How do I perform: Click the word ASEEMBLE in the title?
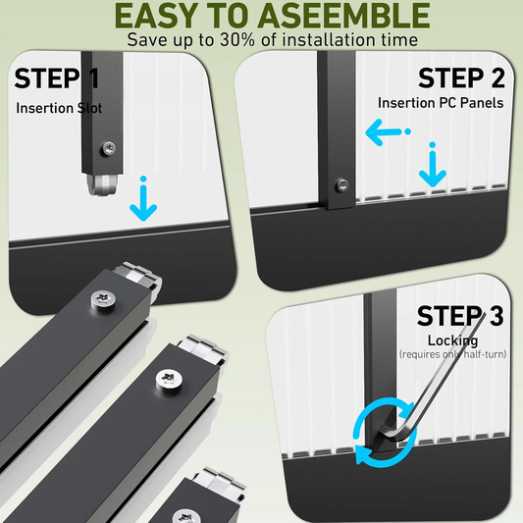343,15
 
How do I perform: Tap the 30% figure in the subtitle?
237,39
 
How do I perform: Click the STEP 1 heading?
57,78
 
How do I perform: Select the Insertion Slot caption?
59,108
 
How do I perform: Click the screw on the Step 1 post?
109,148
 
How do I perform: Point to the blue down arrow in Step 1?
143,198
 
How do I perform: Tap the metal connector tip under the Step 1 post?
103,184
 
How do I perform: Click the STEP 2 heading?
461,78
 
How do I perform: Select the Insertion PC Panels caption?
441,103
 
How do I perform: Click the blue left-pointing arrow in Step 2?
388,132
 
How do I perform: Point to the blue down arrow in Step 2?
433,165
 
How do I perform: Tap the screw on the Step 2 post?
342,185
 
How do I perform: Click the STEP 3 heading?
460,316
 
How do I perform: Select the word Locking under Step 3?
452,340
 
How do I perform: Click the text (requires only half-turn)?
452,354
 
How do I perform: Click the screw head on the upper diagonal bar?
104,298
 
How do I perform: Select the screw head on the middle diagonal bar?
169,379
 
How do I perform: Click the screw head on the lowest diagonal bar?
186,516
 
